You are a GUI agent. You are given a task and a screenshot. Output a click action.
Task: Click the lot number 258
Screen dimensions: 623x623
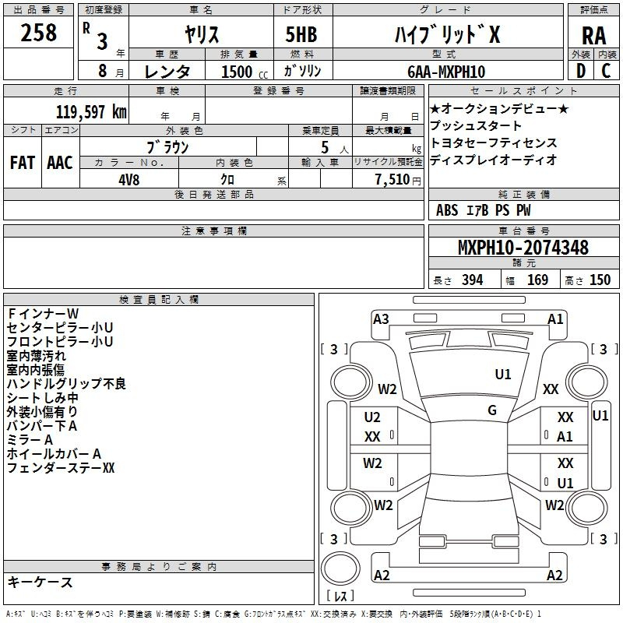[38, 33]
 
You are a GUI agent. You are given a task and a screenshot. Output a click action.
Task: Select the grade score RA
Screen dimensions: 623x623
[593, 37]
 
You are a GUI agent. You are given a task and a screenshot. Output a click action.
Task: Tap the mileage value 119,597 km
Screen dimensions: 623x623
[91, 112]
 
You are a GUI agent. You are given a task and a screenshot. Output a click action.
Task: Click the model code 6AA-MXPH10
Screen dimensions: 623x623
[446, 72]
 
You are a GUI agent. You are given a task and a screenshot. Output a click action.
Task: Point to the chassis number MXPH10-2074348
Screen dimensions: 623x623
[523, 248]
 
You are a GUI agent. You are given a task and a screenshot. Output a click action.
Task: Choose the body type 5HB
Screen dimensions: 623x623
[301, 34]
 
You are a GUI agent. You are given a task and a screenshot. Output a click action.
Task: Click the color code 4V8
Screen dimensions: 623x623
[128, 180]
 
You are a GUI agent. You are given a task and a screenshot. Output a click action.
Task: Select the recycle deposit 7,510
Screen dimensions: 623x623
[392, 180]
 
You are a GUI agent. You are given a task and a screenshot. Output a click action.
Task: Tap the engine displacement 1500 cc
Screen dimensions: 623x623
[245, 72]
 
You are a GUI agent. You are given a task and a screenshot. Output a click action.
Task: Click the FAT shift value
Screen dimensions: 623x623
[23, 163]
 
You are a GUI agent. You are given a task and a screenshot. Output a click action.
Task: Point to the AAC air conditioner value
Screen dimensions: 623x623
[60, 163]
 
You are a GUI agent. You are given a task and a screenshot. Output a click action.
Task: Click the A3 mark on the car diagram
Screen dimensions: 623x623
[381, 319]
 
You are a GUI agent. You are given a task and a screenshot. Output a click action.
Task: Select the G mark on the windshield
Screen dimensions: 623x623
[492, 410]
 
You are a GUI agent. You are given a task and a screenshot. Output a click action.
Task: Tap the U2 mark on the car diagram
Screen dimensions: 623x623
[372, 417]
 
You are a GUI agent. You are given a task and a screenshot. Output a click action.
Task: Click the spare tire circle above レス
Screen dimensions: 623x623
[340, 568]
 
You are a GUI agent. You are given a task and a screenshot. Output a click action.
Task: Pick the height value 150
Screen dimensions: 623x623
[600, 280]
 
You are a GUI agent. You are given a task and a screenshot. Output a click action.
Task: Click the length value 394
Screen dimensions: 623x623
[473, 280]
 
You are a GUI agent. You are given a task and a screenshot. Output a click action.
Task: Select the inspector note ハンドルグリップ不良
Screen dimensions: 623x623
[66, 383]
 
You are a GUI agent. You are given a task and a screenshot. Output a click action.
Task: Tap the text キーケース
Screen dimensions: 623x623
[40, 582]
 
